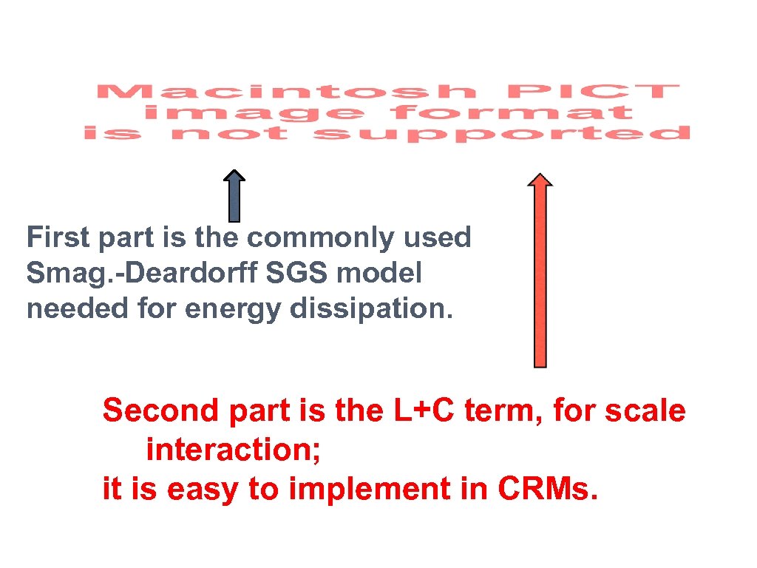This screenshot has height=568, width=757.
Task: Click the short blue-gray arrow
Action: pos(234,197)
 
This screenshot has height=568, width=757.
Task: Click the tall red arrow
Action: pos(540,274)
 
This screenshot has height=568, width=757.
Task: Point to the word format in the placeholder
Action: pos(512,113)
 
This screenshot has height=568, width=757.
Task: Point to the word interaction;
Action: pos(233,449)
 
